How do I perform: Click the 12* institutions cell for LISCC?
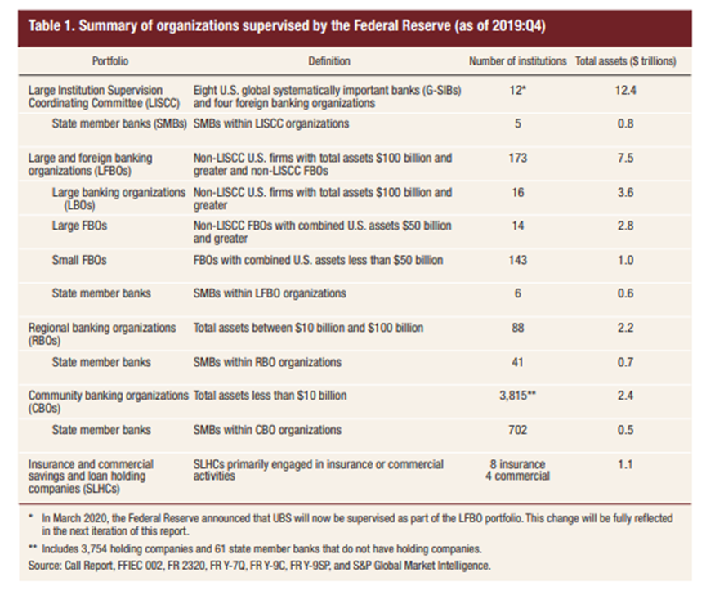516,89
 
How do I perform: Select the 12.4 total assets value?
625,89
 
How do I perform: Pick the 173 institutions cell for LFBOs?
516,158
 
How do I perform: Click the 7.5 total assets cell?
625,158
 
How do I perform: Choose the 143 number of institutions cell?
516,260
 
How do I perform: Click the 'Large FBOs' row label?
78,226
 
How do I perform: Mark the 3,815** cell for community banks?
518,396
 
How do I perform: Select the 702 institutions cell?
516,430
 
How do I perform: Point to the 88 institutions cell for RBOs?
516,328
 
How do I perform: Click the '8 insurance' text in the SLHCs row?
517,464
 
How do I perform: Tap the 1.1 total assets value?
625,464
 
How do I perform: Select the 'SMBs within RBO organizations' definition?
267,362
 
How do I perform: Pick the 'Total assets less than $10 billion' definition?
270,396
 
